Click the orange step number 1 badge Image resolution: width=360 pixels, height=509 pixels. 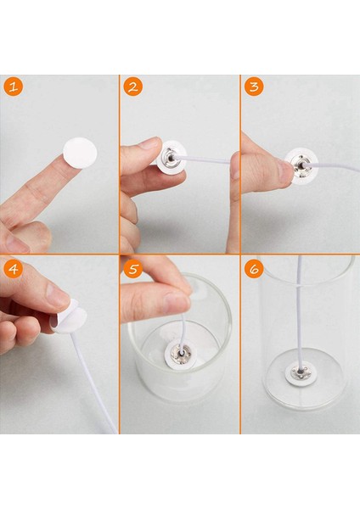pyautogui.click(x=14, y=87)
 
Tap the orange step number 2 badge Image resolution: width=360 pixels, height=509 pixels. pyautogui.click(x=133, y=87)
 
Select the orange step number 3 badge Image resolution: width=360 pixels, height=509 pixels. pyautogui.click(x=254, y=87)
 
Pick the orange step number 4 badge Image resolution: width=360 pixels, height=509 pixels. pyautogui.click(x=14, y=268)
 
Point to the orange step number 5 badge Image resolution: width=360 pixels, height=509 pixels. pyautogui.click(x=133, y=268)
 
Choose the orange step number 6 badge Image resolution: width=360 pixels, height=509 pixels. pyautogui.click(x=254, y=268)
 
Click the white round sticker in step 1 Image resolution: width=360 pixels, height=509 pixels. pyautogui.click(x=80, y=153)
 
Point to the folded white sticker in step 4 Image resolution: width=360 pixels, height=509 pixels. pyautogui.click(x=69, y=316)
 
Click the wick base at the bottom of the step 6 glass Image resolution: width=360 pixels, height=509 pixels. pyautogui.click(x=299, y=373)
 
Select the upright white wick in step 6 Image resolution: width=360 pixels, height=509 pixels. pyautogui.click(x=299, y=312)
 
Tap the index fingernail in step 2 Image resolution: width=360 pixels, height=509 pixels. pyautogui.click(x=150, y=143)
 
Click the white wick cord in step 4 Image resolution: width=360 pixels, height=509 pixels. pyautogui.click(x=94, y=383)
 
